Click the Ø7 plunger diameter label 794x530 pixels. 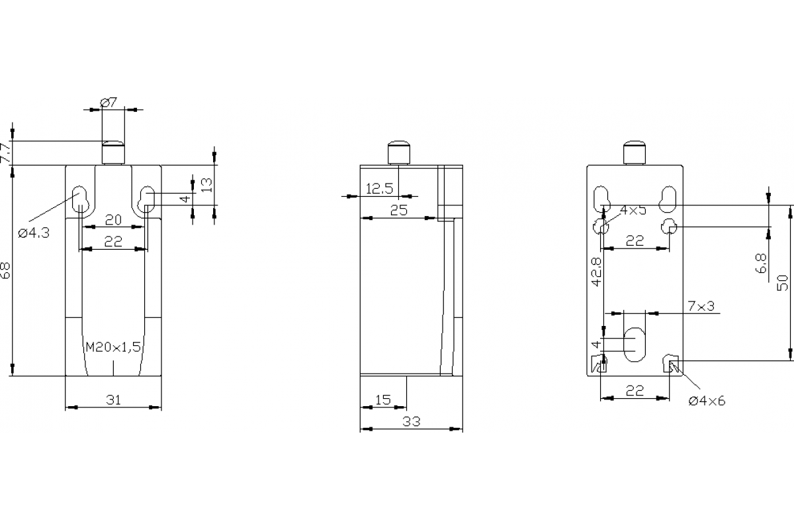click(x=109, y=102)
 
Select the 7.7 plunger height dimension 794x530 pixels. click(x=5, y=153)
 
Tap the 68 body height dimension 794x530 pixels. click(x=5, y=270)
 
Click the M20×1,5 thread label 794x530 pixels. click(x=114, y=346)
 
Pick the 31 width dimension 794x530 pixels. click(x=113, y=399)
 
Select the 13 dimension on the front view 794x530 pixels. click(x=206, y=185)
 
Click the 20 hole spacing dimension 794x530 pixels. click(x=113, y=220)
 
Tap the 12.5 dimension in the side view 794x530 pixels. click(x=379, y=189)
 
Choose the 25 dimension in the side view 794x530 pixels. click(x=398, y=211)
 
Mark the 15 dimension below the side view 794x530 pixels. click(x=383, y=399)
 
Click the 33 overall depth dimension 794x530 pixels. click(x=412, y=421)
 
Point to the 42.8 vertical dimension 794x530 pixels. click(x=596, y=272)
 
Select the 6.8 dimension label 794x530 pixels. click(x=762, y=262)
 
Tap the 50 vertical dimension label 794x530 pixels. click(x=783, y=282)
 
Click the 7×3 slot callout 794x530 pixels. click(x=701, y=305)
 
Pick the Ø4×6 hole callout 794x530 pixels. click(x=706, y=400)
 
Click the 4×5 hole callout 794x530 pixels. click(x=633, y=210)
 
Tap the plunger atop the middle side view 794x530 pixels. click(x=398, y=152)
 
